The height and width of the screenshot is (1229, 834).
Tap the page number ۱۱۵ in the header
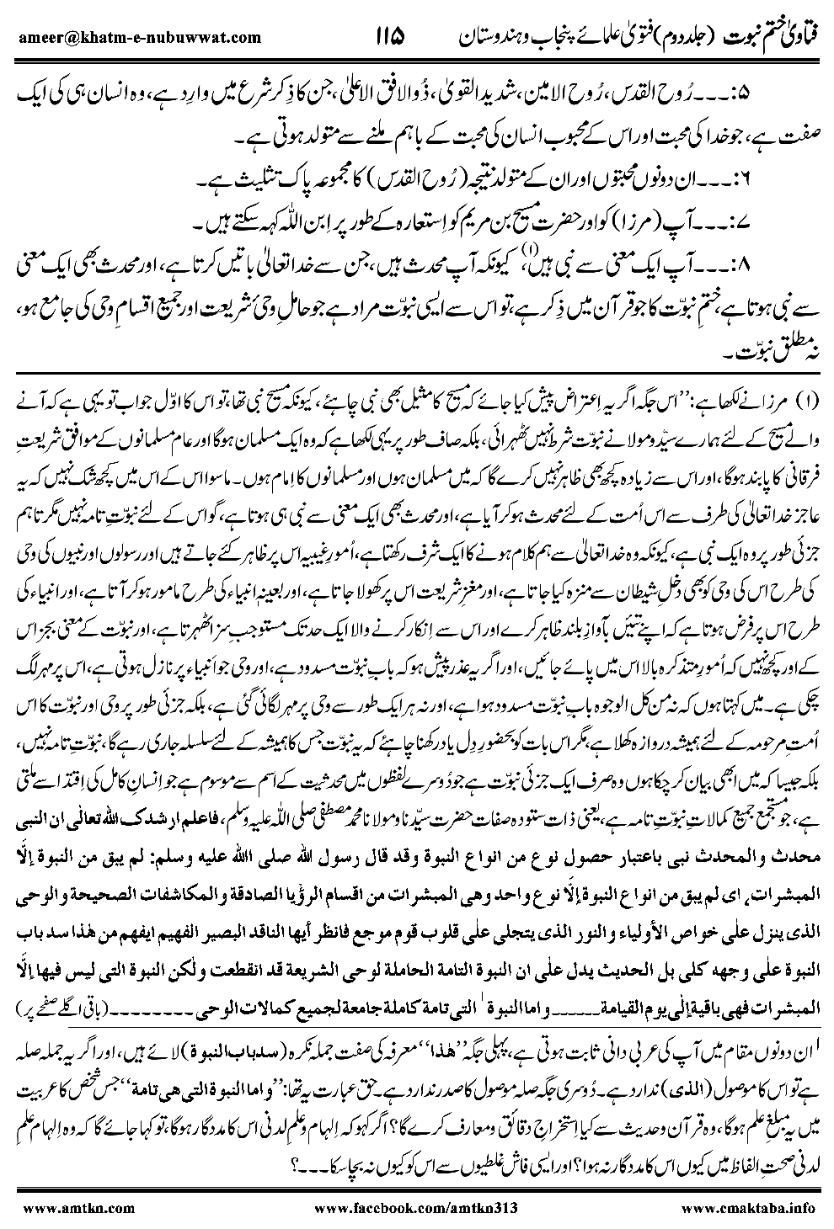click(385, 36)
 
